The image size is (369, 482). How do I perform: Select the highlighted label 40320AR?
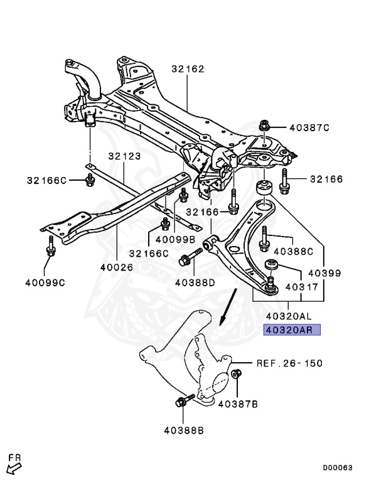(x=292, y=330)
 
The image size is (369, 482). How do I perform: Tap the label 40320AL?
(x=289, y=315)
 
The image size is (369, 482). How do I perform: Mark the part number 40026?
(x=116, y=267)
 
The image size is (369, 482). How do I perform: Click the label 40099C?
(x=46, y=282)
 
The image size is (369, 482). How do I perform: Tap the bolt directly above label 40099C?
(x=51, y=248)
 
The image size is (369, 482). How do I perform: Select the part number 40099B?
(x=175, y=239)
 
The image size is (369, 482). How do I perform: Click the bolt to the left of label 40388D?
(x=189, y=257)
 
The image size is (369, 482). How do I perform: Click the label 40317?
(x=302, y=287)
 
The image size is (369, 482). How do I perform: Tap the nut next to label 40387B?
(x=237, y=375)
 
